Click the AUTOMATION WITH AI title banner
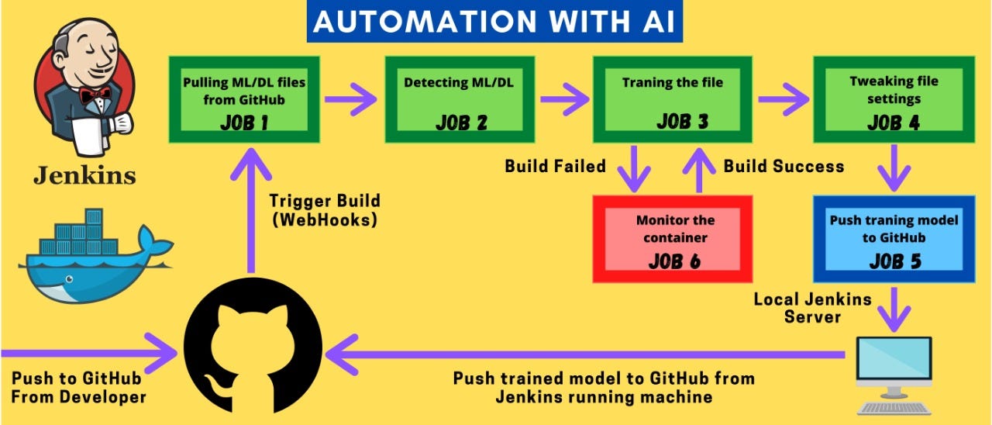(x=494, y=22)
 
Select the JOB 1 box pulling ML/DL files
(x=244, y=100)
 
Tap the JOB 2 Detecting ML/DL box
(x=462, y=100)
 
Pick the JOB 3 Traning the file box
(x=672, y=100)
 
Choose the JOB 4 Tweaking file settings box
(x=893, y=100)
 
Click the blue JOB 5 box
(x=894, y=238)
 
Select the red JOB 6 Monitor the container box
(x=673, y=238)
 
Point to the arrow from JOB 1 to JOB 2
(x=351, y=99)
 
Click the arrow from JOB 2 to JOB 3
(x=565, y=99)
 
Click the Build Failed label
(x=555, y=166)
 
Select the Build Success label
(x=784, y=166)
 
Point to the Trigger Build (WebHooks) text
(x=324, y=209)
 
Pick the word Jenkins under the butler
(x=84, y=175)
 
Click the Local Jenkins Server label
(x=812, y=307)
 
